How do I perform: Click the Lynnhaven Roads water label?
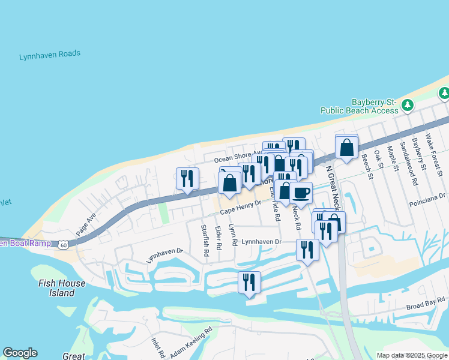pyautogui.click(x=50, y=55)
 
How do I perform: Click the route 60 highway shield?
pyautogui.click(x=64, y=244)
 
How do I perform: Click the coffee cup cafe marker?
pyautogui.click(x=301, y=193)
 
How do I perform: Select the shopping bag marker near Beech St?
pyautogui.click(x=347, y=147)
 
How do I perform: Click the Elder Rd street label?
pyautogui.click(x=218, y=237)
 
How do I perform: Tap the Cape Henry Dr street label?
pyautogui.click(x=241, y=208)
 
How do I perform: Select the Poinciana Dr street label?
pyautogui.click(x=429, y=197)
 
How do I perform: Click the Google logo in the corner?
pyautogui.click(x=20, y=353)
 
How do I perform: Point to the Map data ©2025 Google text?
pyautogui.click(x=411, y=355)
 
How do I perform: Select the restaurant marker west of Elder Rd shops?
pyautogui.click(x=187, y=178)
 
